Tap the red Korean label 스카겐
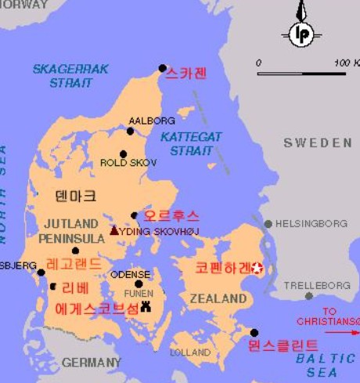187,74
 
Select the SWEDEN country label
318,143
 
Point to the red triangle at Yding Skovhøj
114,230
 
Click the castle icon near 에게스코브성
145,307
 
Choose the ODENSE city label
130,275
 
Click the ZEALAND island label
218,298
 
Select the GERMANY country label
92,363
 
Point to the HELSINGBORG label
311,223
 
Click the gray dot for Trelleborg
309,296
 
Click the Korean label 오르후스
171,215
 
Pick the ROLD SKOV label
128,163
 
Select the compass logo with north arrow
301,31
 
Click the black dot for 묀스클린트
254,333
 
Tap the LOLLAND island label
189,352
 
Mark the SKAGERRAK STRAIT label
70,76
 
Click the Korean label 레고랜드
74,264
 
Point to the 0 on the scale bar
259,62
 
